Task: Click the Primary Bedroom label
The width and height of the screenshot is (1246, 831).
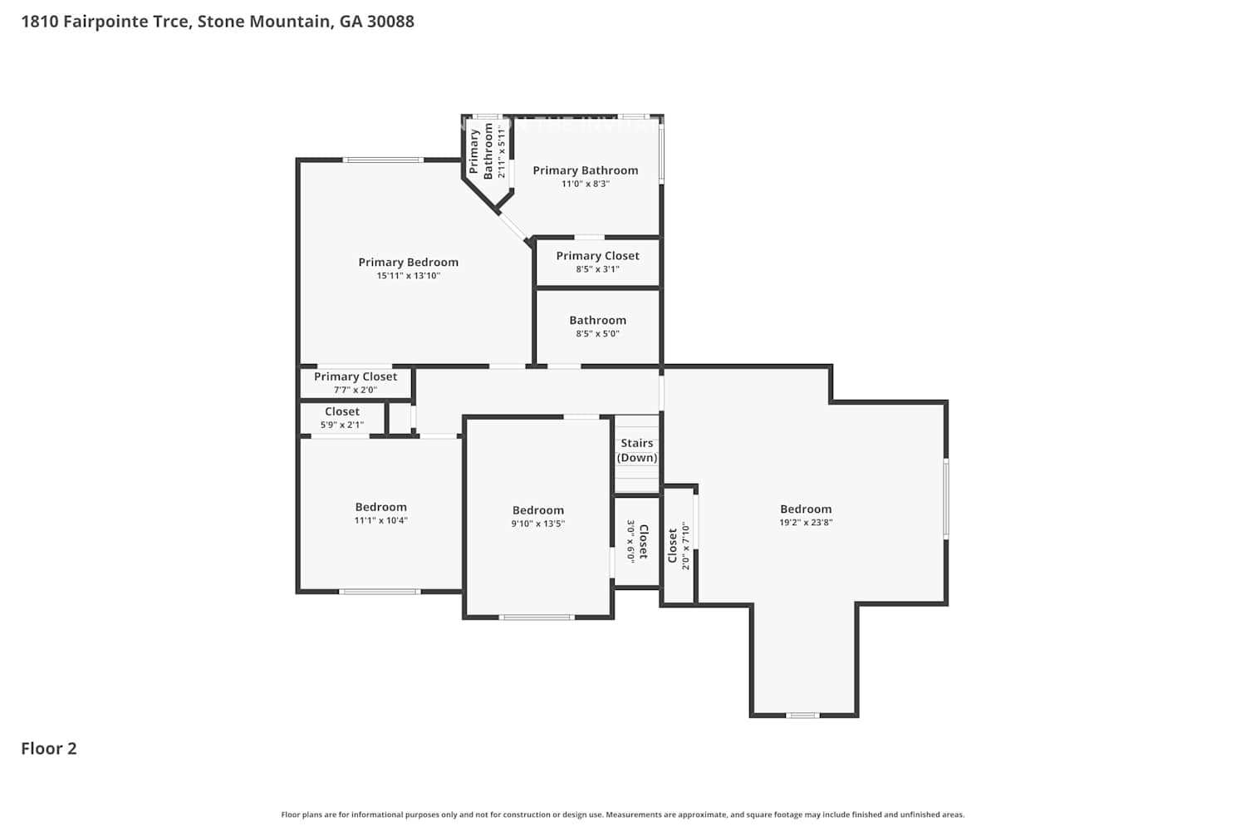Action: pyautogui.click(x=408, y=262)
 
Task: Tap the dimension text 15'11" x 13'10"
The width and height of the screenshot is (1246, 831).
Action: pyautogui.click(x=408, y=276)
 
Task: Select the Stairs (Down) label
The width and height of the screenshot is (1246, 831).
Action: pyautogui.click(x=637, y=450)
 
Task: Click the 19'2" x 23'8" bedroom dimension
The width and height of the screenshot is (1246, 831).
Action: pyautogui.click(x=806, y=523)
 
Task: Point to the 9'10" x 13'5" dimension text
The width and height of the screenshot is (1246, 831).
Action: pyautogui.click(x=537, y=524)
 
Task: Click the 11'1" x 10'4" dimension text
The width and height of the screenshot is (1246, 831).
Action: pyautogui.click(x=380, y=520)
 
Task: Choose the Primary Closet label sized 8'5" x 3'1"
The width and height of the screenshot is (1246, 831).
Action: pyautogui.click(x=597, y=256)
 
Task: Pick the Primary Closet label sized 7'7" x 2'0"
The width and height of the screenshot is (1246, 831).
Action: pyautogui.click(x=356, y=376)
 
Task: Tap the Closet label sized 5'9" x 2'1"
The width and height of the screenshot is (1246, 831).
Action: pyautogui.click(x=342, y=411)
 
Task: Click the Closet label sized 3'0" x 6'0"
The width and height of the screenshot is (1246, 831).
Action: pyautogui.click(x=643, y=541)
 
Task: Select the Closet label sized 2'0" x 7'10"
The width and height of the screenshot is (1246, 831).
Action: pyautogui.click(x=672, y=546)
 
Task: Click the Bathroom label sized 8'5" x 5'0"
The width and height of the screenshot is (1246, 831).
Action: pyautogui.click(x=597, y=320)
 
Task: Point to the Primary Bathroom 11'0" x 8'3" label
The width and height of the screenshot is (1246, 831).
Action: pyautogui.click(x=585, y=170)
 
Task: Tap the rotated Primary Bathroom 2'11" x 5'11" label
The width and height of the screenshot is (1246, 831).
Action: pyautogui.click(x=481, y=150)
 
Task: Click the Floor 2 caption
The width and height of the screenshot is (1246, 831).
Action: pyautogui.click(x=49, y=748)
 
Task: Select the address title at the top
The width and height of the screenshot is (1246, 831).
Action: pyautogui.click(x=218, y=22)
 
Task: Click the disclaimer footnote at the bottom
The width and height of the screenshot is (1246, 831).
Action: pyautogui.click(x=623, y=815)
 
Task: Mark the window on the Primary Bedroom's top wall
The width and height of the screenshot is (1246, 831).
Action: pyautogui.click(x=384, y=160)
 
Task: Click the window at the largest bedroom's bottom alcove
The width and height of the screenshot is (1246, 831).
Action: pyautogui.click(x=802, y=715)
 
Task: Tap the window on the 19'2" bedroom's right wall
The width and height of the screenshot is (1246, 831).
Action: pyautogui.click(x=946, y=499)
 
